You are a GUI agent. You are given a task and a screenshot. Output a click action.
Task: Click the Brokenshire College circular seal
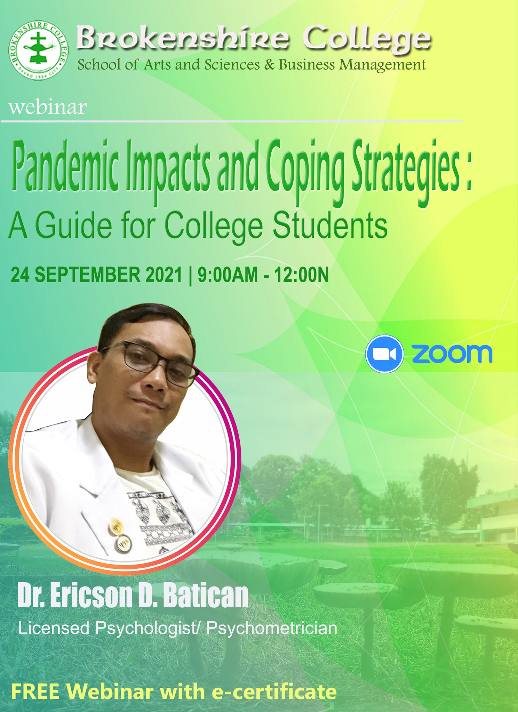pos(39,50)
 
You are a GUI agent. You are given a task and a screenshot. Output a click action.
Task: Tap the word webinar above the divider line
pos(48,107)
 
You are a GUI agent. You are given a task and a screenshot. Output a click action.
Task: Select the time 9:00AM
pos(228,275)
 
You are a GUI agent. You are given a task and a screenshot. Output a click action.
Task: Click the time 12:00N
pos(301,275)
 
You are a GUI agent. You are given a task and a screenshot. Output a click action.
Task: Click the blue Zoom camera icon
pos(384,354)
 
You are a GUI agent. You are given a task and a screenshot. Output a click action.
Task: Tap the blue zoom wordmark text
pos(452,354)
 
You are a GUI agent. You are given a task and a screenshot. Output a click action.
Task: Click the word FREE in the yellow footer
pos(35,692)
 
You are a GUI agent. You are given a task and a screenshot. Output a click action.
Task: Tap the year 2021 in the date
pos(164,275)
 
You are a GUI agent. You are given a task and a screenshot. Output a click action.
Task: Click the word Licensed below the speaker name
pos(54,628)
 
